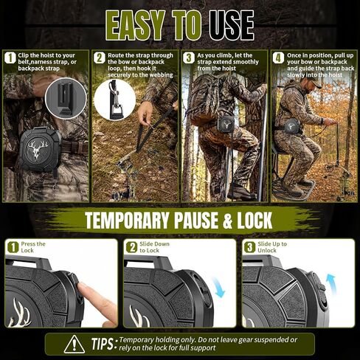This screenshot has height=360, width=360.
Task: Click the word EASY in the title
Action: [135, 25]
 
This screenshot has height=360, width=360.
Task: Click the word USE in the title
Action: [232, 25]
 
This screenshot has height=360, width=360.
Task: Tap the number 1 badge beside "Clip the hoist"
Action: [10, 58]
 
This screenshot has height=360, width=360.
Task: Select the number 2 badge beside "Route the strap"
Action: [100, 58]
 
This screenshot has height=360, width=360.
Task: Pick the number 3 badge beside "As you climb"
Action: [189, 58]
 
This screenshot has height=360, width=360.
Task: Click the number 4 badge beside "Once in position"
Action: [278, 58]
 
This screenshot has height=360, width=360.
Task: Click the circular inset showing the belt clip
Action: [66, 98]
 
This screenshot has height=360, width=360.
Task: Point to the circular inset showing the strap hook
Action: [115, 100]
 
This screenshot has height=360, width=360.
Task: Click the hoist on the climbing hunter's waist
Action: [226, 125]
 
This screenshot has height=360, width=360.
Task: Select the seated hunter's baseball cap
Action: [312, 83]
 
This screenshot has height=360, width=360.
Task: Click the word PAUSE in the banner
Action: [196, 220]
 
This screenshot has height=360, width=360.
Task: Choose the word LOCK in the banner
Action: [255, 220]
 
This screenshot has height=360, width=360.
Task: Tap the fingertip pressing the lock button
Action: [83, 287]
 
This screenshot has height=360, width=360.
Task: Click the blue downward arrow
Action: [218, 287]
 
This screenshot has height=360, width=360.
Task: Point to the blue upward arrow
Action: [331, 285]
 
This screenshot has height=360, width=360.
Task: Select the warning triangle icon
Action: [75, 345]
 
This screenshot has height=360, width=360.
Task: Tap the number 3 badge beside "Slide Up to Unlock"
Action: [249, 247]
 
